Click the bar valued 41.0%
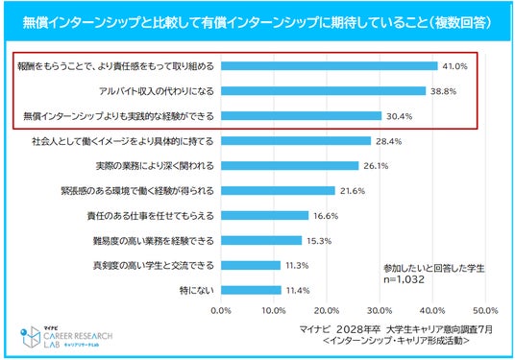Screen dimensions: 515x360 coord(330,66)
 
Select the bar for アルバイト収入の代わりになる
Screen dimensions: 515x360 coord(323,91)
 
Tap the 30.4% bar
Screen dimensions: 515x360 coord(301,116)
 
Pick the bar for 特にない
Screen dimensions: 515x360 coord(251,290)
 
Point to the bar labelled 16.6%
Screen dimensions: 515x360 coord(265,216)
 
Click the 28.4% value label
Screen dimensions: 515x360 coord(389,141)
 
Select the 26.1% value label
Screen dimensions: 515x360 coord(376,166)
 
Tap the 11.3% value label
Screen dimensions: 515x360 coord(297,266)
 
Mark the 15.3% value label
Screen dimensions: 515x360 coord(319,241)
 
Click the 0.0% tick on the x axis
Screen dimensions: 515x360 coord(221,310)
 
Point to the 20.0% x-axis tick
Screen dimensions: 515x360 coord(327,310)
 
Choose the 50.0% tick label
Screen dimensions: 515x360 coord(485,310)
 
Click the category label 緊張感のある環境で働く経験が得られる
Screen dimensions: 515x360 coord(137,191)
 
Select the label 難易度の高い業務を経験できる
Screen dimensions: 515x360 coord(154,241)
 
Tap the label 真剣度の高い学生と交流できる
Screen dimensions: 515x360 coord(154,266)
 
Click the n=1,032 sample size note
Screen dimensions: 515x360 coord(404,279)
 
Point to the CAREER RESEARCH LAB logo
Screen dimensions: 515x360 coord(66,337)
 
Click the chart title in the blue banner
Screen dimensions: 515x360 coord(257,23)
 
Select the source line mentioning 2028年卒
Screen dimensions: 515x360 coord(396,329)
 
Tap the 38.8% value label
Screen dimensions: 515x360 coord(443,91)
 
